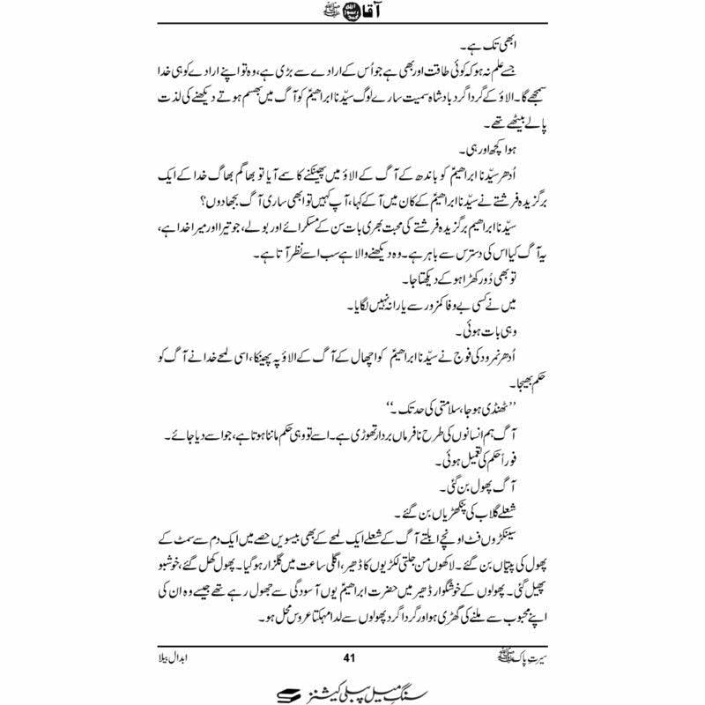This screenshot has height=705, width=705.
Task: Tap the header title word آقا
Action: pyautogui.click(x=330, y=16)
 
